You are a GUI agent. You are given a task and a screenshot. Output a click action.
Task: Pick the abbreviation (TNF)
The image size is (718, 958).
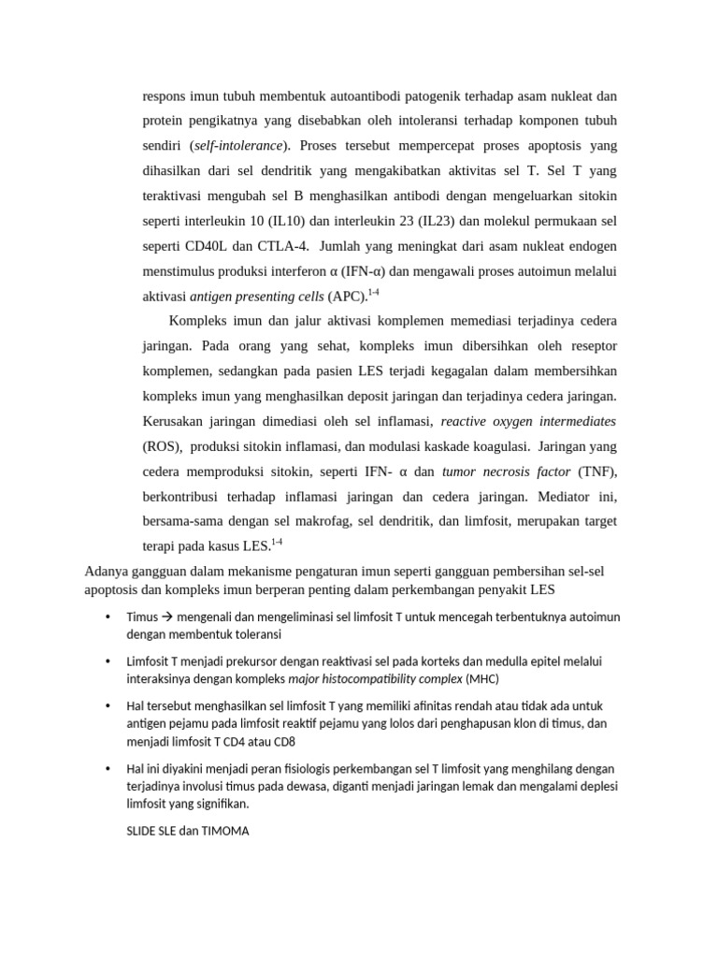tap(597, 471)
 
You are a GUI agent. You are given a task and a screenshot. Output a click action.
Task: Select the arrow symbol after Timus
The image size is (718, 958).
tap(168, 617)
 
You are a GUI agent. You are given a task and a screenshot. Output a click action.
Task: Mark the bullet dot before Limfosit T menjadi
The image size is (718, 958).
tap(108, 661)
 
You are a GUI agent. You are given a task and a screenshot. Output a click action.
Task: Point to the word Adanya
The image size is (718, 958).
tap(107, 572)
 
